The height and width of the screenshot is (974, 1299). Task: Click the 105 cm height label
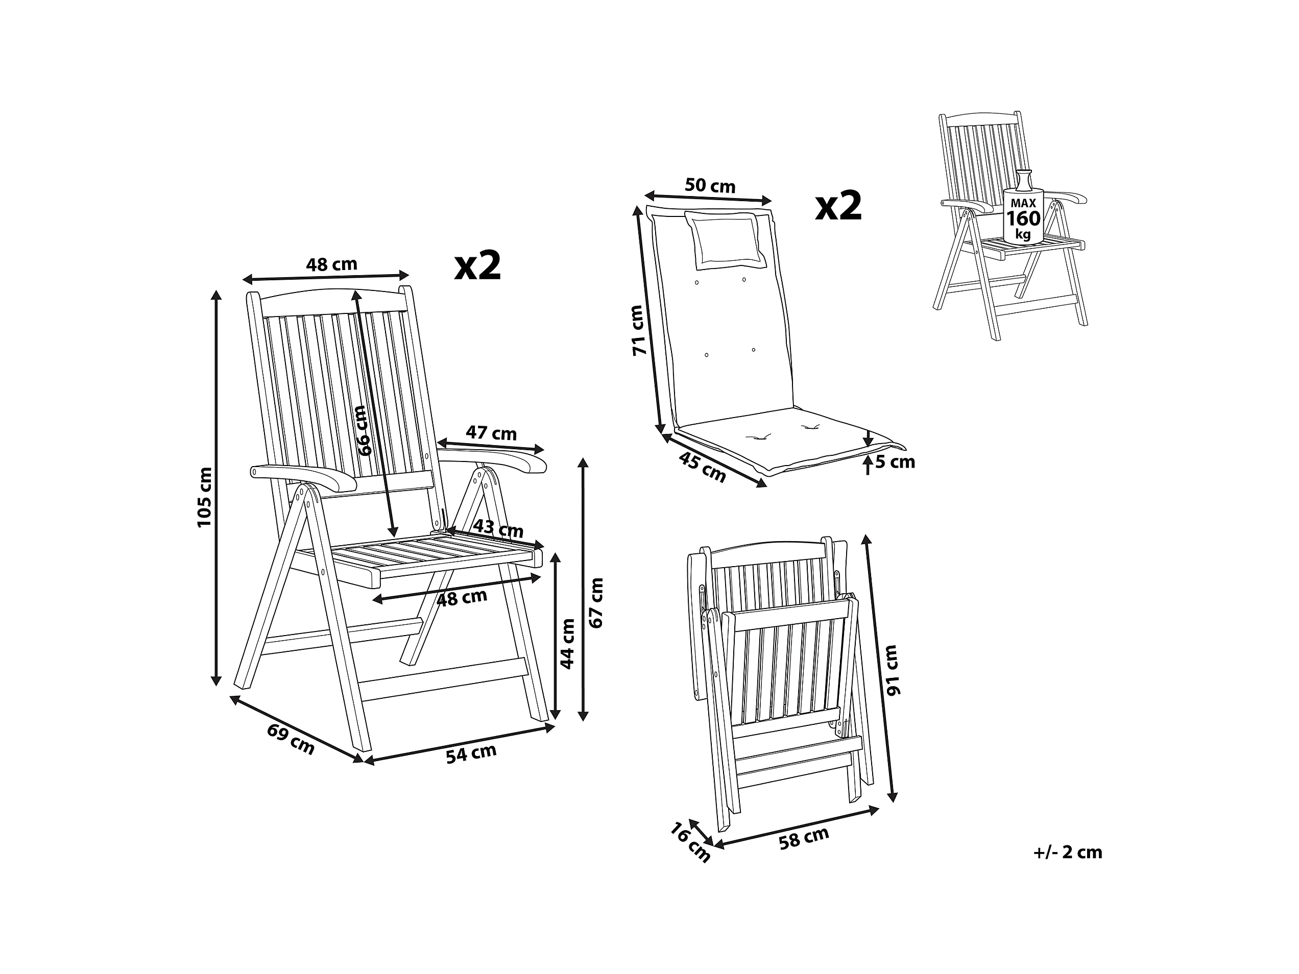coord(204,497)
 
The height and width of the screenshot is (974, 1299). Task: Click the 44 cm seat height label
coord(567,643)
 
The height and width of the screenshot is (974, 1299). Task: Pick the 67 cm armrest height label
coord(596,602)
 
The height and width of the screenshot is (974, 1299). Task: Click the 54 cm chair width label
coord(471,753)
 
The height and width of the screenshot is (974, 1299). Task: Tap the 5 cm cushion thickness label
coord(895,462)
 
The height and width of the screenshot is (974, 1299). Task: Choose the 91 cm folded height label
coord(892,670)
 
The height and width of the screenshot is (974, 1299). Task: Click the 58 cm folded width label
coord(803,838)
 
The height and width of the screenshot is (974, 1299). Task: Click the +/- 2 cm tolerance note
coord(1068,853)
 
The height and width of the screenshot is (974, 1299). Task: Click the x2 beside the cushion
coord(838,206)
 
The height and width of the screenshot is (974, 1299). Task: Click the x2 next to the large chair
coord(478,265)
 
